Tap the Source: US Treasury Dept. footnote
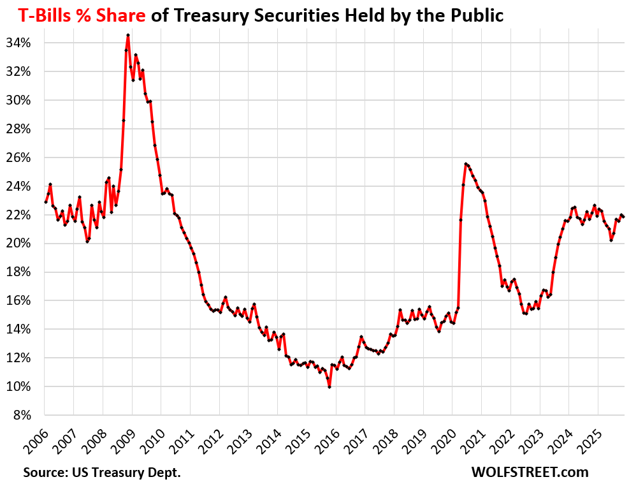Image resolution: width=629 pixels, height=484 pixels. [102, 473]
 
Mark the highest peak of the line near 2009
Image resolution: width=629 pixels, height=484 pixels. [128, 35]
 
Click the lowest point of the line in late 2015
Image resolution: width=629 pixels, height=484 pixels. [329, 387]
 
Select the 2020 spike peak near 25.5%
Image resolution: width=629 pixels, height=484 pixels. [466, 164]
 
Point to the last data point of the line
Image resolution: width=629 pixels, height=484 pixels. [623, 217]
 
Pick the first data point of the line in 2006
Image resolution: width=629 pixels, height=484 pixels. [45, 202]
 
